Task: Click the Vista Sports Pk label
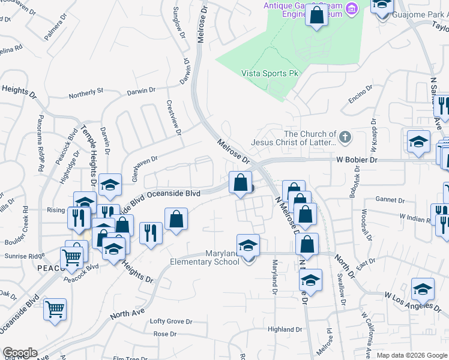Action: (x=270, y=73)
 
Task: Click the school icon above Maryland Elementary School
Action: (x=248, y=246)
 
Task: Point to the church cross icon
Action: (x=345, y=138)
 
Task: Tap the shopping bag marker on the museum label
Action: (x=316, y=15)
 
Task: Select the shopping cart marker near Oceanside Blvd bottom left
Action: (x=55, y=310)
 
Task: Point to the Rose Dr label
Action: (x=164, y=334)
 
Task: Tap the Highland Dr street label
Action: (x=285, y=329)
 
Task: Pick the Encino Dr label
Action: (x=360, y=95)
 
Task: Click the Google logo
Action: (x=20, y=353)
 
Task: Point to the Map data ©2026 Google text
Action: (x=411, y=355)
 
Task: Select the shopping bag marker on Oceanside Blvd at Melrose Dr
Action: (x=240, y=182)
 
